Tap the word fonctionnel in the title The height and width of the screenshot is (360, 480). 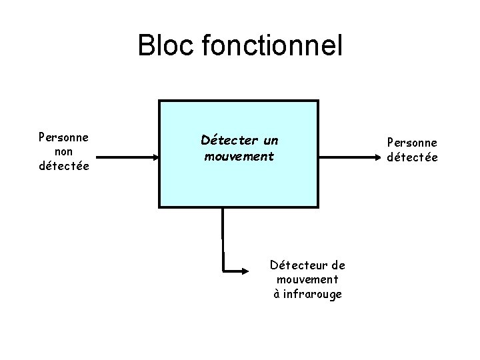coord(271,46)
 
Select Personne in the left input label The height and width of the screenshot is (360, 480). coord(65,138)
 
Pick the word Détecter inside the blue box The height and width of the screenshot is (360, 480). coord(229,141)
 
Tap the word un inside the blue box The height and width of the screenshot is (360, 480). coord(270,141)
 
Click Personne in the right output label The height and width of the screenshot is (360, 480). coord(412,142)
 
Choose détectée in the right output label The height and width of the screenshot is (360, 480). coord(412,157)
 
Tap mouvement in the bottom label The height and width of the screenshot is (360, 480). coord(307,280)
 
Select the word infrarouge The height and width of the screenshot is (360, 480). coord(312,294)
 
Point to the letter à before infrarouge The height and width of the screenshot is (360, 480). coord(277,294)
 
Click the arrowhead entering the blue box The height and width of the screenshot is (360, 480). coord(154,157)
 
